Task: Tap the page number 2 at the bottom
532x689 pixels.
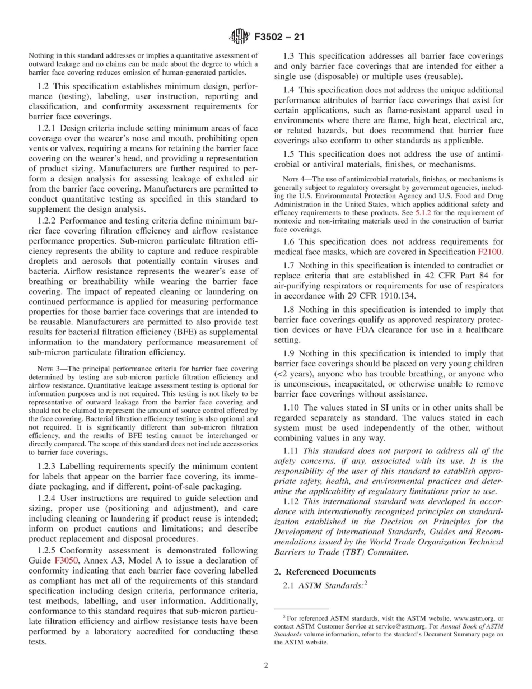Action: click(x=266, y=666)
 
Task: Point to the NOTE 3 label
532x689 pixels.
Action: click(x=45, y=369)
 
